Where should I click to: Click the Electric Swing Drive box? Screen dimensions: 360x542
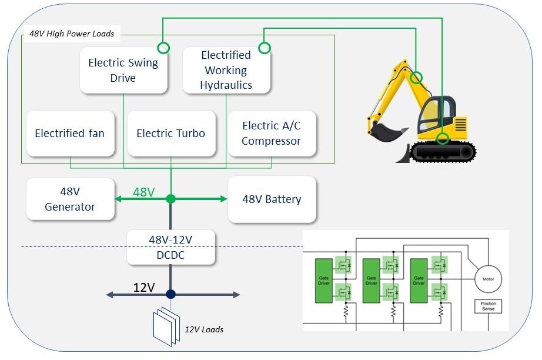(123, 70)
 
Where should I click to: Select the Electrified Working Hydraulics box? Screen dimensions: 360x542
(226, 70)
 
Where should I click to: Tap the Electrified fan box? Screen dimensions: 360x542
(70, 134)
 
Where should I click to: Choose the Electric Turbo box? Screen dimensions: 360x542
(170, 134)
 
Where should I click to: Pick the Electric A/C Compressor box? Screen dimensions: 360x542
(271, 134)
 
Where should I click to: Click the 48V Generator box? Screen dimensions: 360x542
(70, 199)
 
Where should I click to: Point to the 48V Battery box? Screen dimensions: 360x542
(272, 199)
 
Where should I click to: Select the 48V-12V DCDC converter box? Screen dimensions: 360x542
(170, 247)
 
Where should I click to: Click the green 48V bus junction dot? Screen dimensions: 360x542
(170, 199)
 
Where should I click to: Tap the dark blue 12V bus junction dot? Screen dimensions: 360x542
(170, 294)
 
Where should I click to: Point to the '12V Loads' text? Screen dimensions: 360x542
(204, 329)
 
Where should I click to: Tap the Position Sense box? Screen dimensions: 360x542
(488, 306)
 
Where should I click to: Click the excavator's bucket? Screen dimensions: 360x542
(385, 131)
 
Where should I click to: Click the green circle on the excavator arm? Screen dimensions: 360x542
(416, 77)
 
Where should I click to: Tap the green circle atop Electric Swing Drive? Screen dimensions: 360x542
(163, 48)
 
